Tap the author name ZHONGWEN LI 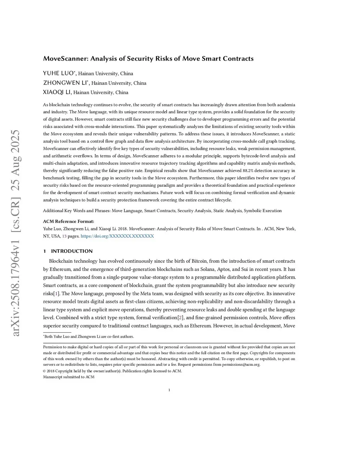click(x=65, y=83)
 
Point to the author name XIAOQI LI click(x=57, y=92)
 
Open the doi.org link click(x=117, y=236)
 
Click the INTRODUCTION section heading click(x=72, y=251)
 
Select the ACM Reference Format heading click(x=69, y=222)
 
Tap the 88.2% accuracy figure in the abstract click(x=248, y=171)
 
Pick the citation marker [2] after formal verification click(x=180, y=318)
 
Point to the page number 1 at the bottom click(x=169, y=390)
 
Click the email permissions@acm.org click(x=241, y=365)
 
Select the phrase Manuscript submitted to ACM click(x=69, y=377)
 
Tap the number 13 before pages click(x=64, y=236)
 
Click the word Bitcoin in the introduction click(x=199, y=261)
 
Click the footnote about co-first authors click(x=88, y=337)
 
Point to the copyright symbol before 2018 click(x=44, y=371)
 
